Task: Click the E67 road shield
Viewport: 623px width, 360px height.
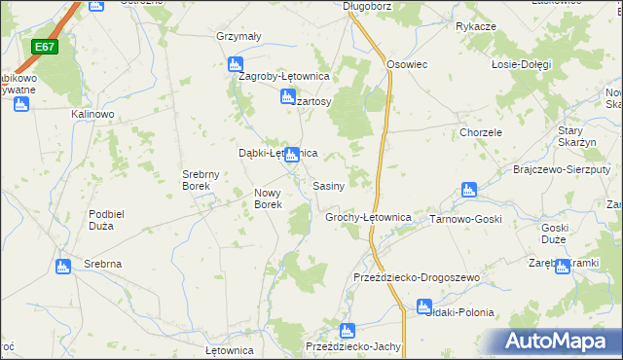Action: tap(44, 47)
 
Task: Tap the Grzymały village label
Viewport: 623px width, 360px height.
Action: tap(239, 37)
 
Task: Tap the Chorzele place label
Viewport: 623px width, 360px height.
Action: tap(481, 132)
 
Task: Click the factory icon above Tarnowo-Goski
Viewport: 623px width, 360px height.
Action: tap(468, 190)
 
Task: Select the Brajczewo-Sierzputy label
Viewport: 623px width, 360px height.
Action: tap(554, 168)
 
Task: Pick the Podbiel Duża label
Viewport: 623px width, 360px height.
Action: tap(114, 220)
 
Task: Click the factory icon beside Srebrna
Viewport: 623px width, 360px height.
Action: tap(64, 266)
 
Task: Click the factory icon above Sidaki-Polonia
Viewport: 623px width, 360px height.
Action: tap(423, 306)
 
